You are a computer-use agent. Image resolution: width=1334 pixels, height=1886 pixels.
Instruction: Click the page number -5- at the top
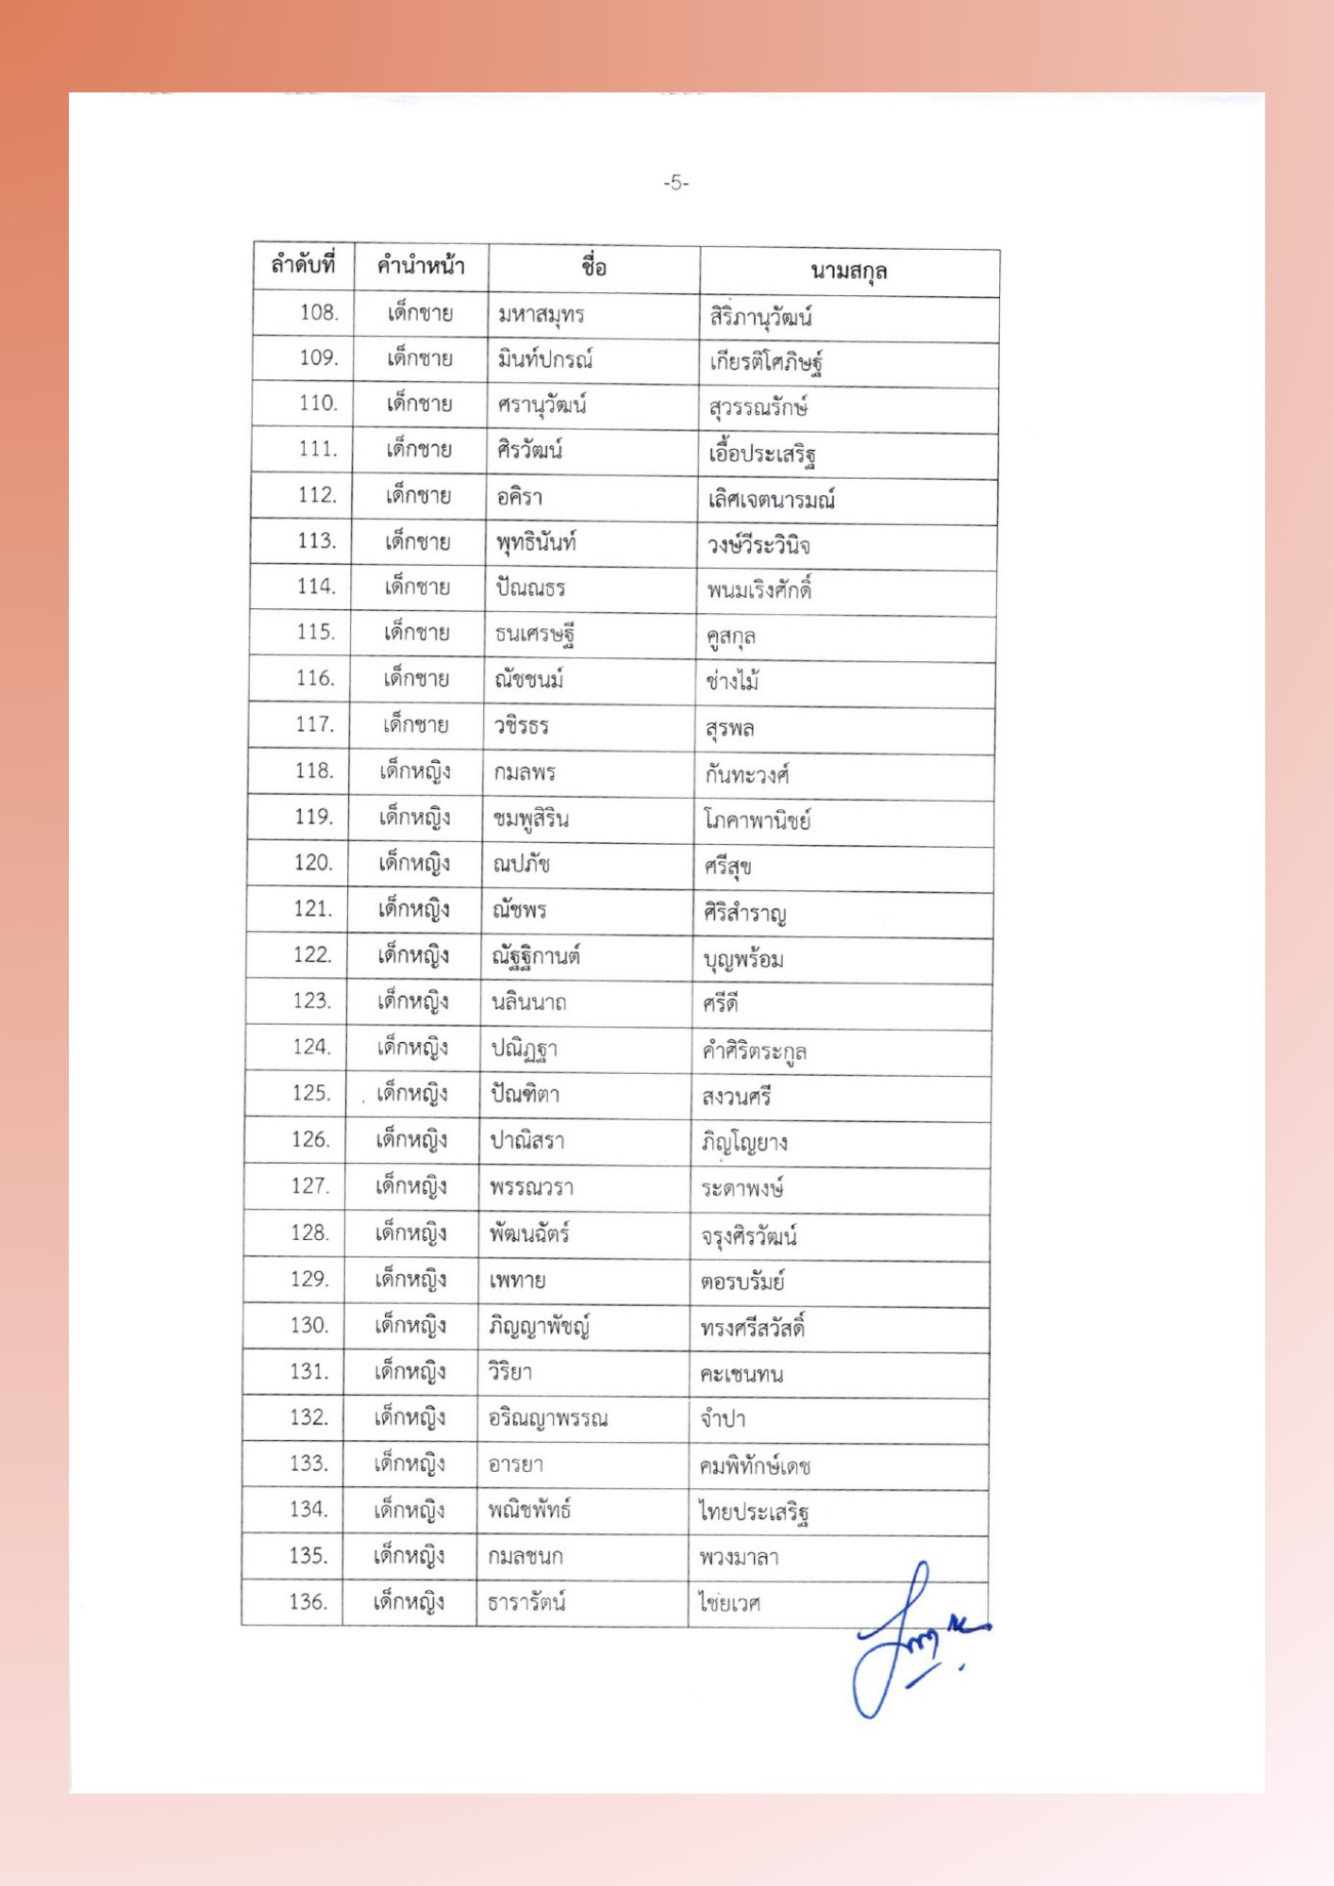[x=675, y=183]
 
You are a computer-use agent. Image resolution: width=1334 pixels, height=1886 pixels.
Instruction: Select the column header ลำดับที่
[x=303, y=265]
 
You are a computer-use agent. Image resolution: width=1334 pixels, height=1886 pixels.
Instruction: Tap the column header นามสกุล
[x=848, y=273]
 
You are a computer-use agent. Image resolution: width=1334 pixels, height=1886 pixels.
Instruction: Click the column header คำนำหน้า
[x=421, y=266]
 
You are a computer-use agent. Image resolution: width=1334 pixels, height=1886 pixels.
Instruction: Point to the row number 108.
[x=319, y=312]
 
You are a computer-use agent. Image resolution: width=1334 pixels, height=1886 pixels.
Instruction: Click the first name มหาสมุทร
[x=542, y=314]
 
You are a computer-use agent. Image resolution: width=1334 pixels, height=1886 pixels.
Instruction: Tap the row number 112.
[x=317, y=495]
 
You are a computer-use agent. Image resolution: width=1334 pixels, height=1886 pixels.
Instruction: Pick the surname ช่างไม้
[x=732, y=681]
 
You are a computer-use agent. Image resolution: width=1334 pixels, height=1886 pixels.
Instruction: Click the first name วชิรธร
[x=522, y=726]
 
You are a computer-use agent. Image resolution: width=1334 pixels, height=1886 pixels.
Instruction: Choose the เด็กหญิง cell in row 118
[x=415, y=771]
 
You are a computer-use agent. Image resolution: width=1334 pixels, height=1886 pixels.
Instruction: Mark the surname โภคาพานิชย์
[x=757, y=820]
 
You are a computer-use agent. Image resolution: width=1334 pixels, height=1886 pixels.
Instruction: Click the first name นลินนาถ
[x=528, y=1002]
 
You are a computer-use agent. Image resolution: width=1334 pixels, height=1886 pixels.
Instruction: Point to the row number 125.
[x=311, y=1093]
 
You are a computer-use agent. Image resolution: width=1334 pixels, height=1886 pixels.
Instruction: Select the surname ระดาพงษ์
[x=742, y=1188]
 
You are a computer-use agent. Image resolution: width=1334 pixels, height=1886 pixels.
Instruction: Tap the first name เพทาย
[x=517, y=1281]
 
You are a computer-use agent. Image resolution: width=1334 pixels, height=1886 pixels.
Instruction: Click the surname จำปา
[x=723, y=1419]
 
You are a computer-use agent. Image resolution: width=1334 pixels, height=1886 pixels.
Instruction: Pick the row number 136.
[x=308, y=1601]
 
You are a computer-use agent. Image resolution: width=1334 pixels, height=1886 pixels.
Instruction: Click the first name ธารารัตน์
[x=526, y=1602]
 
